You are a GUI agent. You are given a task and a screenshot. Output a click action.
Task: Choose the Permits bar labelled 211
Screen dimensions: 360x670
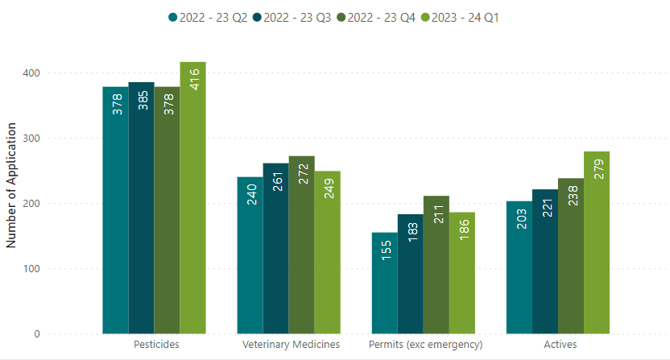click(436, 265)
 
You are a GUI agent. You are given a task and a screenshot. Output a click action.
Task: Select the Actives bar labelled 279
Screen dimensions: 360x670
click(597, 242)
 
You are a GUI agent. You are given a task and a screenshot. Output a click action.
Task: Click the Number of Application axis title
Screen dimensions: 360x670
click(11, 185)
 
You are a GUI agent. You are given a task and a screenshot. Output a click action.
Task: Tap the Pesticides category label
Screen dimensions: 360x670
click(155, 345)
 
